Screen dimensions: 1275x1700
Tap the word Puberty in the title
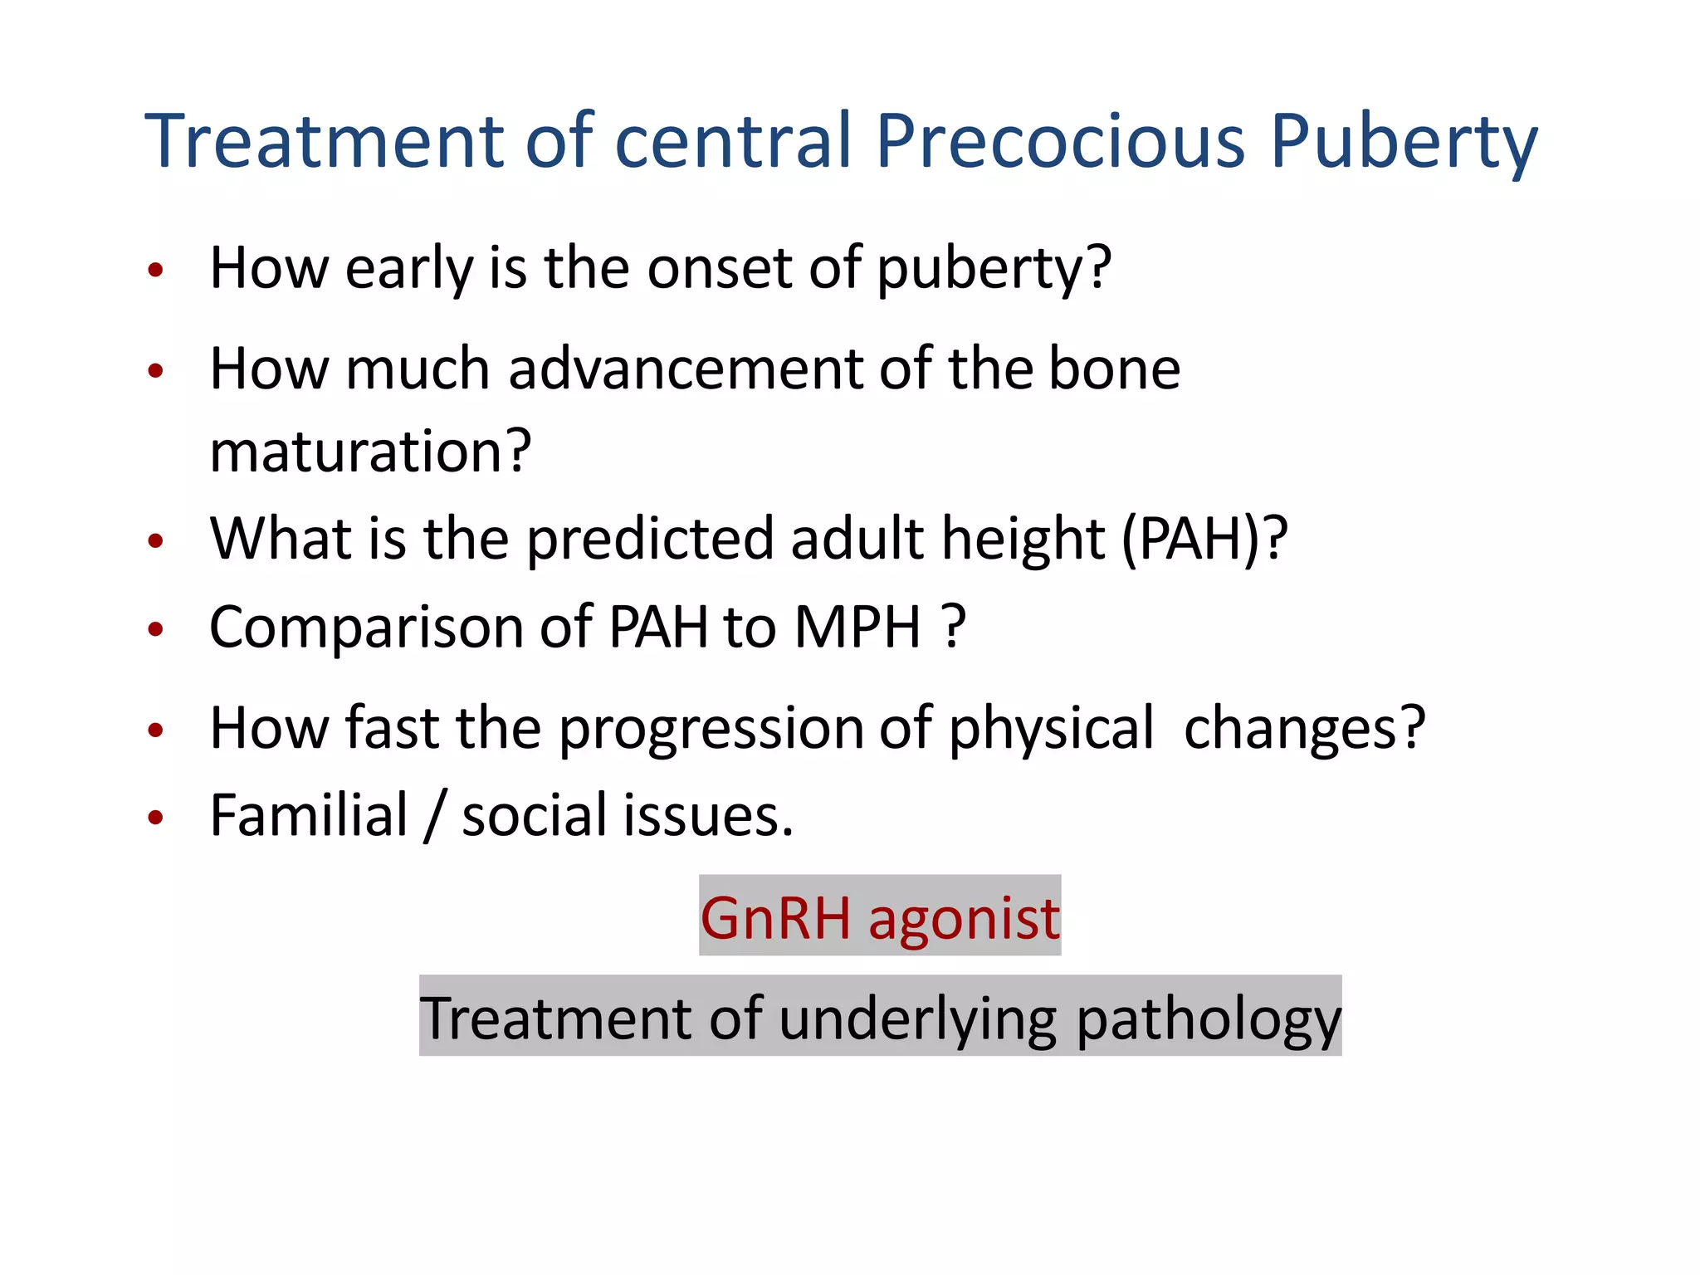click(x=1404, y=141)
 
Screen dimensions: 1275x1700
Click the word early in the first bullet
click(x=408, y=269)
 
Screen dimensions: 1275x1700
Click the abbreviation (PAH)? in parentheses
click(x=1204, y=540)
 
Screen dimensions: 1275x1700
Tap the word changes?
click(x=1304, y=729)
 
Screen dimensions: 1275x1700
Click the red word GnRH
click(x=775, y=918)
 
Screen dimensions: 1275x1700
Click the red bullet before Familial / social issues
click(x=155, y=818)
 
